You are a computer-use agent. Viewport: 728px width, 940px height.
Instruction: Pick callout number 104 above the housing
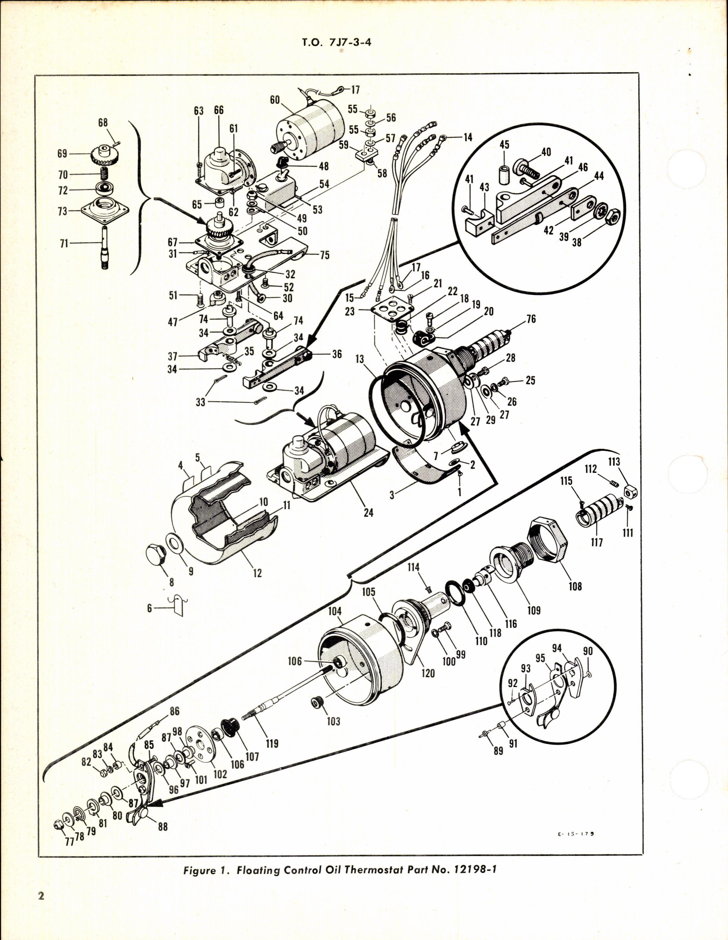334,611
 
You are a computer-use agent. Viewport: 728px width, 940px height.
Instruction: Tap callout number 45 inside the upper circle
504,145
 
